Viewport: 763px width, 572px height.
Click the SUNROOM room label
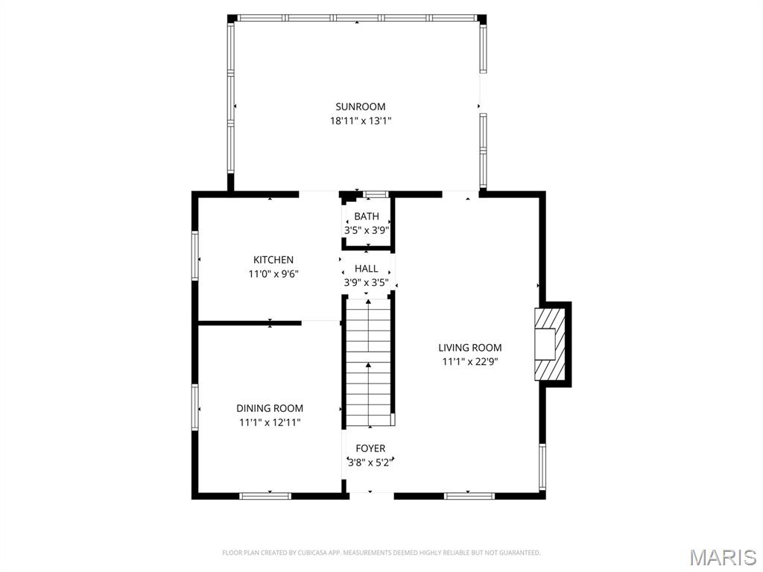click(x=360, y=107)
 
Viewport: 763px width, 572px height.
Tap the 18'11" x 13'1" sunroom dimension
click(x=361, y=121)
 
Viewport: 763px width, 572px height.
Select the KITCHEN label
click(x=273, y=260)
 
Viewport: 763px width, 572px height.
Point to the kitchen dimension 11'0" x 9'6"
click(x=273, y=274)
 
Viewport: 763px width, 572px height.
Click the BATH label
click(x=367, y=217)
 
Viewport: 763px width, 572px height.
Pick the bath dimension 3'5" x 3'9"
click(x=367, y=230)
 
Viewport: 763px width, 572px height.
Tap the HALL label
click(x=367, y=268)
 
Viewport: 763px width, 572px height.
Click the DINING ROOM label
click(x=270, y=409)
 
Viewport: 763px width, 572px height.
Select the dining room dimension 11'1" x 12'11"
click(x=270, y=423)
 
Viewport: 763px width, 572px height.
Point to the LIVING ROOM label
click(x=470, y=348)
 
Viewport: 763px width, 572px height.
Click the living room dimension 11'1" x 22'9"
click(x=470, y=362)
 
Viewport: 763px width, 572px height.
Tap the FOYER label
click(x=370, y=448)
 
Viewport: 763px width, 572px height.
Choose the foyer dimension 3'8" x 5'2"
click(x=370, y=463)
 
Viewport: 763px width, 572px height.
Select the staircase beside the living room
click(x=368, y=363)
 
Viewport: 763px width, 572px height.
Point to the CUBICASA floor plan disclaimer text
click(x=381, y=553)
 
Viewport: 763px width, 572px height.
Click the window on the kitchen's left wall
click(x=195, y=255)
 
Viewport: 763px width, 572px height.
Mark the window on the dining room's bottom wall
click(x=265, y=496)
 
